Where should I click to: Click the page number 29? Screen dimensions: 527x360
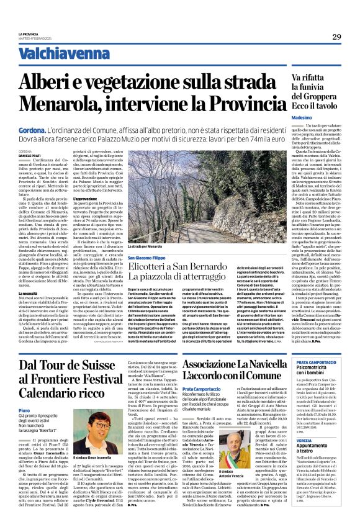(x=336, y=37)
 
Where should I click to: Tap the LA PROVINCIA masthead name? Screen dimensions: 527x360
(x=29, y=34)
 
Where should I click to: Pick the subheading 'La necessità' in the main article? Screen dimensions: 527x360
(x=29, y=291)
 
